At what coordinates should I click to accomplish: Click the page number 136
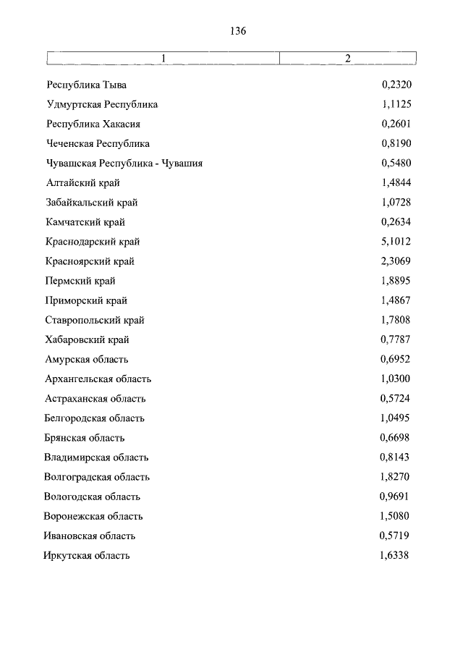coord(238,30)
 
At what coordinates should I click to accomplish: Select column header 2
coord(347,59)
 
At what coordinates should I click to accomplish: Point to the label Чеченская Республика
coord(97,143)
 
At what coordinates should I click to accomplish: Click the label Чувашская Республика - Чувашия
coord(123,163)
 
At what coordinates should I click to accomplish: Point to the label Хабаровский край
coord(87,339)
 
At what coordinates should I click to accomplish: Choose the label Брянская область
coord(84,438)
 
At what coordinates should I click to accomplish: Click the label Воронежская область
coord(93,516)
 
